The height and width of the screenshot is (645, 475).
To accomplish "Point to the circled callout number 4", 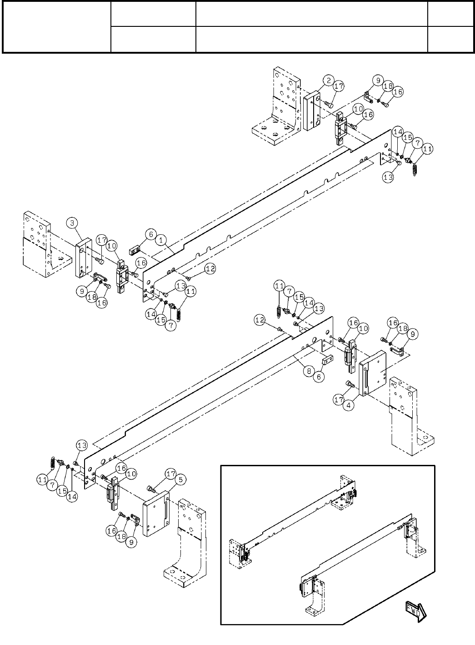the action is [x=349, y=404].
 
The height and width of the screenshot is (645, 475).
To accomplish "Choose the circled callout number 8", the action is [x=309, y=371].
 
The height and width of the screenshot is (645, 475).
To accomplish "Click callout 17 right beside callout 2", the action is [x=338, y=86].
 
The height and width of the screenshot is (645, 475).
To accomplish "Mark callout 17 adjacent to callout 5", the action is [x=170, y=474].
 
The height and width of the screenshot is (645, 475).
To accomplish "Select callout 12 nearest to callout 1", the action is [x=210, y=269].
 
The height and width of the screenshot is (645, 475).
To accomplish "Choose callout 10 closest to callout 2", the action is [x=358, y=109].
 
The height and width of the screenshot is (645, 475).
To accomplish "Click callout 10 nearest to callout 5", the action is [x=131, y=474].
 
